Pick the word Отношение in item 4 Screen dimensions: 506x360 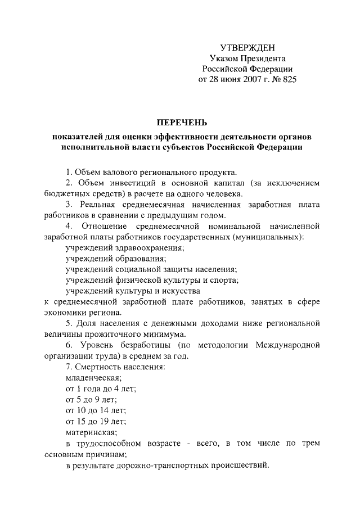[111, 226]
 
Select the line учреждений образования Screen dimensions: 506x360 [116, 259]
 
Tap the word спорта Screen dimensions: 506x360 [226, 280]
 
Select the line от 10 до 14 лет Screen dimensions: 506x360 [96, 410]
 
